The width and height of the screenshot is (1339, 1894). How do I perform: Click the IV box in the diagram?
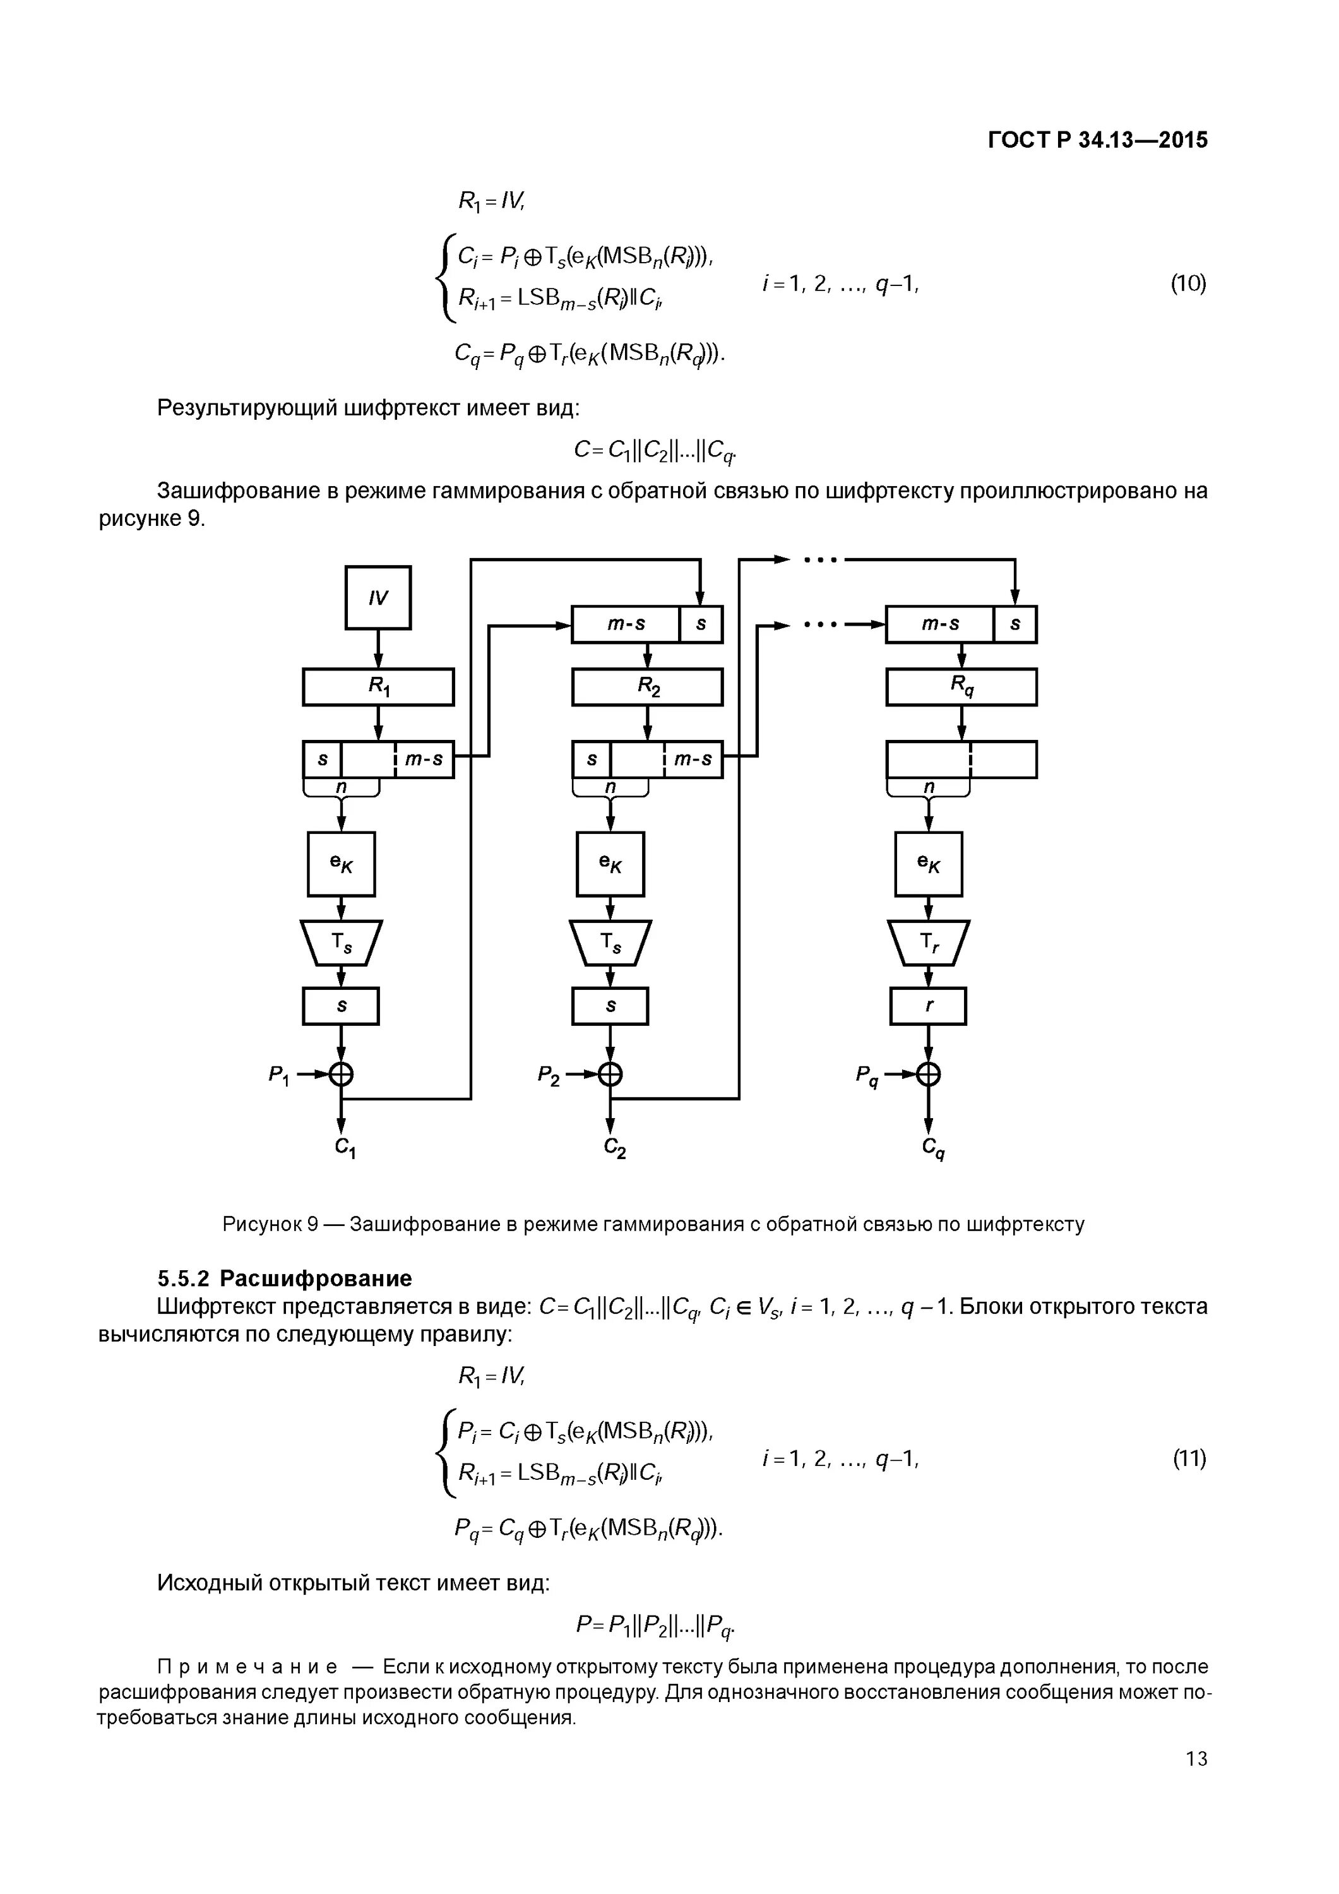(x=378, y=598)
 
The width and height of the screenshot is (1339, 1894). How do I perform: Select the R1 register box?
(x=378, y=686)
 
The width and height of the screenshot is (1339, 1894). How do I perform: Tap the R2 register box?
(x=647, y=686)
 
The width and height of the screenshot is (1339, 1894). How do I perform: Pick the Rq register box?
(x=961, y=686)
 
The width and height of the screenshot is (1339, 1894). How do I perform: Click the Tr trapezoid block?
(x=928, y=942)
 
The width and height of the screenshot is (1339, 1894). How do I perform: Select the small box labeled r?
(x=928, y=1006)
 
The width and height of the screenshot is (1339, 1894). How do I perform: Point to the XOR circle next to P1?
(x=341, y=1074)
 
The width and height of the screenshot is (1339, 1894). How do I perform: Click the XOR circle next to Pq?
(x=928, y=1074)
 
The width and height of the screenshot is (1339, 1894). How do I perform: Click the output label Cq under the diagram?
(x=933, y=1148)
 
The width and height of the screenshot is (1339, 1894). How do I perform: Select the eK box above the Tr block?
(x=928, y=864)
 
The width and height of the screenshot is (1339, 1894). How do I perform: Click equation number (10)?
(x=1188, y=283)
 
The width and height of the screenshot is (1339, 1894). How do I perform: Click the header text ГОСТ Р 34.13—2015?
(x=1097, y=140)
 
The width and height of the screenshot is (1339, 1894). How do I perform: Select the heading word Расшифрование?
(x=316, y=1278)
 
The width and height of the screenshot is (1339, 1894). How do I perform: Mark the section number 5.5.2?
(x=184, y=1278)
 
